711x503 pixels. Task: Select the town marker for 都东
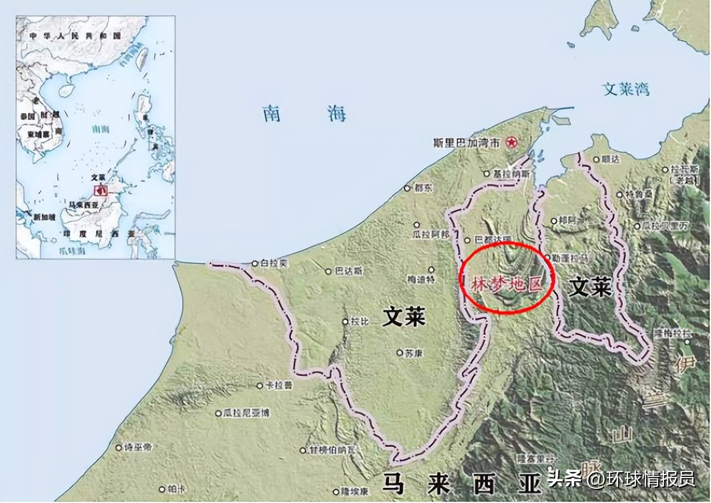pyautogui.click(x=407, y=188)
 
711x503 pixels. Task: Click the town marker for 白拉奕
pyautogui.click(x=255, y=263)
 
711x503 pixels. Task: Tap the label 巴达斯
pyautogui.click(x=349, y=271)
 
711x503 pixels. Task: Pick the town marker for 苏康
pyautogui.click(x=399, y=353)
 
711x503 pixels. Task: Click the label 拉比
pyautogui.click(x=360, y=322)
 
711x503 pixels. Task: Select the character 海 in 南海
pyautogui.click(x=336, y=114)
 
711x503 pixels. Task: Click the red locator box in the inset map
pyautogui.click(x=101, y=190)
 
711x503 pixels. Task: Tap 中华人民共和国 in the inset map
pyautogui.click(x=74, y=36)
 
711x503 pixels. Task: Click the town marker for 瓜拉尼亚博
pyautogui.click(x=219, y=412)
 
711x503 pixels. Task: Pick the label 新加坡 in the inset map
pyautogui.click(x=45, y=218)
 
